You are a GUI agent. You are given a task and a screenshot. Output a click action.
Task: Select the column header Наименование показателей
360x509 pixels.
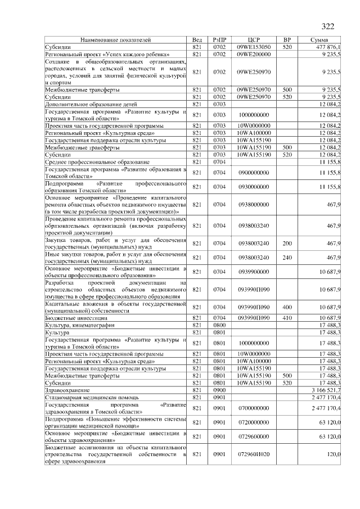(x=115, y=40)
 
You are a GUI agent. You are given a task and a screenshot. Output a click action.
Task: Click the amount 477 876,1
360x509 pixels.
(x=330, y=47)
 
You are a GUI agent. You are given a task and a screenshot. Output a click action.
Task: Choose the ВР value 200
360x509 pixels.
(x=287, y=244)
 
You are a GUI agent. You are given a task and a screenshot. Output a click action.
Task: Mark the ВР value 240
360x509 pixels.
(x=287, y=258)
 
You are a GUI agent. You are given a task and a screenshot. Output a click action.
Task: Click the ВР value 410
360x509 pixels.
(x=287, y=318)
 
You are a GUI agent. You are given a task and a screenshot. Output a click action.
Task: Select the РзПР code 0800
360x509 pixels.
(x=219, y=325)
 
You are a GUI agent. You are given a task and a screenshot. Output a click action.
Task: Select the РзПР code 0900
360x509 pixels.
(x=219, y=389)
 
